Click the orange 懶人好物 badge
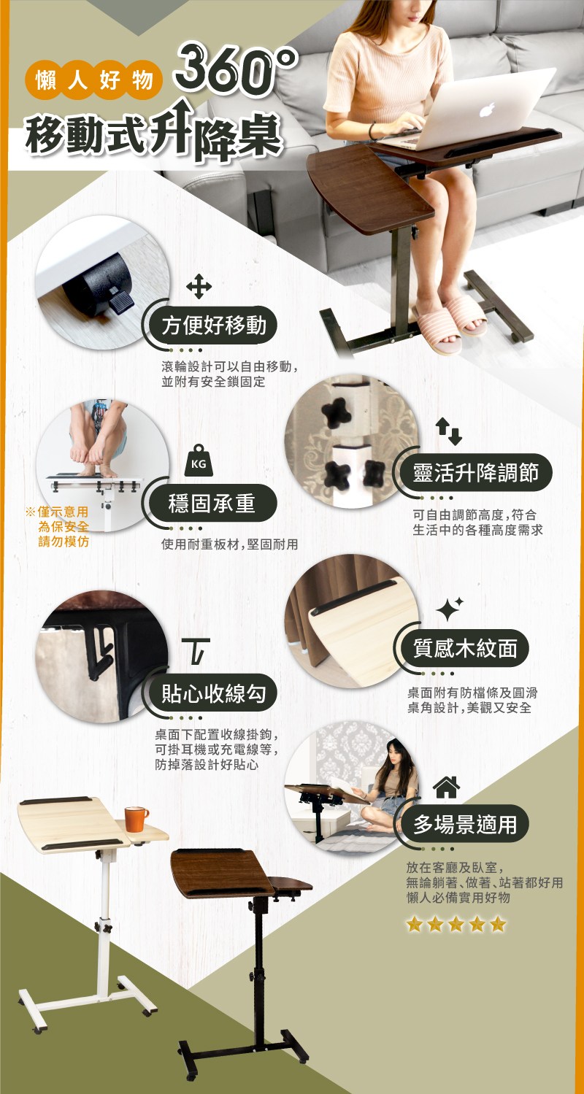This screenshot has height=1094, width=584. [93, 80]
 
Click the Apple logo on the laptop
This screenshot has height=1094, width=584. [487, 109]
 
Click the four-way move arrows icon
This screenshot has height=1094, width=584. [199, 286]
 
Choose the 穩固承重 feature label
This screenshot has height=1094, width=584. [212, 503]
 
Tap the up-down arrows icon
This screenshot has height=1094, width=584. [449, 431]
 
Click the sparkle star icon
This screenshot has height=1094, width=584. [449, 609]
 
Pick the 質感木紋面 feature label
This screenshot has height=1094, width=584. [465, 648]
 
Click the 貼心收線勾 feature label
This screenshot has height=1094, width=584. [213, 693]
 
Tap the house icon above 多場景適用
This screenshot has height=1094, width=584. [446, 787]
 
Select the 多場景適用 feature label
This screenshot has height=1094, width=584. [465, 825]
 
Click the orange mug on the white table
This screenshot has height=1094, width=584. [135, 819]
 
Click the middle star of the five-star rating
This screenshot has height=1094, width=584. [456, 924]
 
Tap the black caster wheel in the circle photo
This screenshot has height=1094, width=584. [95, 285]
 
